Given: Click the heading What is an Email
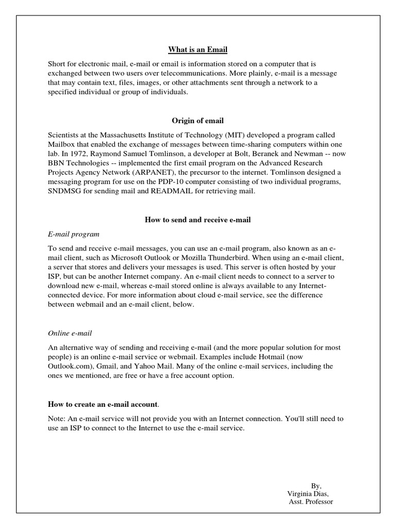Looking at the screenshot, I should tap(197, 49).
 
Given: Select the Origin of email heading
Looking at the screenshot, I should tap(197, 121).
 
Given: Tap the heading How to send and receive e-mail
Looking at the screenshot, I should tap(197, 220).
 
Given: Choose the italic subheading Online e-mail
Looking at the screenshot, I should tap(70, 334).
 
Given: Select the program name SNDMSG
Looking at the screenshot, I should tap(65, 192).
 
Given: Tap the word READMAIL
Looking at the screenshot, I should tap(169, 192).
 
